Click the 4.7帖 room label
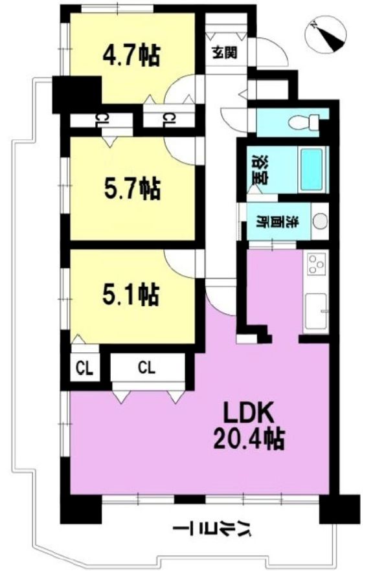click(x=131, y=56)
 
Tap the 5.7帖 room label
click(x=132, y=188)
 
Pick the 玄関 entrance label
click(x=225, y=52)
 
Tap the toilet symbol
click(x=303, y=122)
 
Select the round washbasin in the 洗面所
click(x=320, y=221)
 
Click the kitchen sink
click(x=316, y=312)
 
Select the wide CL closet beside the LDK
click(x=147, y=368)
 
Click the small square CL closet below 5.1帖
click(x=84, y=368)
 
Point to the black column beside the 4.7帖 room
click(x=77, y=95)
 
